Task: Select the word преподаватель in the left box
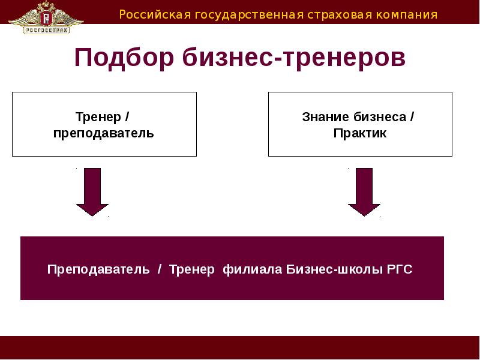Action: [103, 133]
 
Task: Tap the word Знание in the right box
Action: [325, 116]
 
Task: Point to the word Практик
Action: [360, 133]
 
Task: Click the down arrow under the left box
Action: [92, 191]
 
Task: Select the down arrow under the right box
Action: [364, 191]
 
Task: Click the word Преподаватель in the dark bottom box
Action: [98, 269]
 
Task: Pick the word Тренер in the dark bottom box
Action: [191, 269]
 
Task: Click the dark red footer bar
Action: [240, 347]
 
